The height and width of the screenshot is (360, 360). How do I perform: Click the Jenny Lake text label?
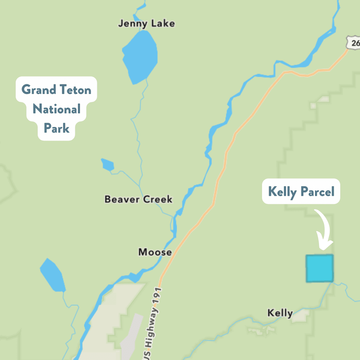147,24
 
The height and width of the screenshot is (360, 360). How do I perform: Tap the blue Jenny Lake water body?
140,57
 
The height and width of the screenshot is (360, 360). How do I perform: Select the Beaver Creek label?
138,199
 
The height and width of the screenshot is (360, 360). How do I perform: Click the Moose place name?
155,252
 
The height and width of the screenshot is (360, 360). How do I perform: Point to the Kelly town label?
280,313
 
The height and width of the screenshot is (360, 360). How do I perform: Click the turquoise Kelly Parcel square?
319,268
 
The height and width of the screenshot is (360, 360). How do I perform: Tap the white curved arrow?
324,230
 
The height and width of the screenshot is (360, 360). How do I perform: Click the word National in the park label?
56,109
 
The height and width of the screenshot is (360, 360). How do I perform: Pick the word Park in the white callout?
56,128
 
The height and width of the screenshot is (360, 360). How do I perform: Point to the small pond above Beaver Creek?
108,165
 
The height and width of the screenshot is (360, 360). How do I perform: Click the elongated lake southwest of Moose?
53,275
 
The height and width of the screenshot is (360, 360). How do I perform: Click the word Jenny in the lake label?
131,24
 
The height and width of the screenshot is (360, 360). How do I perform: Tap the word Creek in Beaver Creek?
157,199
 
